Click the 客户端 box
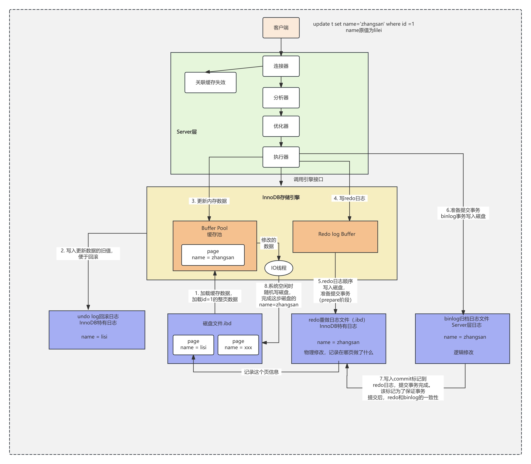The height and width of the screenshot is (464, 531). [x=281, y=28]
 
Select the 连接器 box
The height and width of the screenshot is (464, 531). [x=281, y=66]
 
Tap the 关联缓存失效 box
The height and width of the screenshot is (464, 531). [x=210, y=82]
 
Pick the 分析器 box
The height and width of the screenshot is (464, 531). [x=281, y=98]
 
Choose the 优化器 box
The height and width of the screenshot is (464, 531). [x=281, y=126]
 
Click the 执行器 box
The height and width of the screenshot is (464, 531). [x=281, y=157]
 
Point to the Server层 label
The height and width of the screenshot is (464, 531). [x=187, y=132]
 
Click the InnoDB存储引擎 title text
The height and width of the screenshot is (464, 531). [x=281, y=197]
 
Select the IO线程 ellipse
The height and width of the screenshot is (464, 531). [x=279, y=268]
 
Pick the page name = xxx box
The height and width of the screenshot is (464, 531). [x=238, y=345]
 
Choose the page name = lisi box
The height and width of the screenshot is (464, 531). [x=193, y=345]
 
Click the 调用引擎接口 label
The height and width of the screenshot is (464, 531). [x=308, y=180]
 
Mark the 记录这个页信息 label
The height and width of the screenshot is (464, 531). [x=261, y=372]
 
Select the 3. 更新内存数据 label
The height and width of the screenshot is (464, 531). [x=209, y=201]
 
